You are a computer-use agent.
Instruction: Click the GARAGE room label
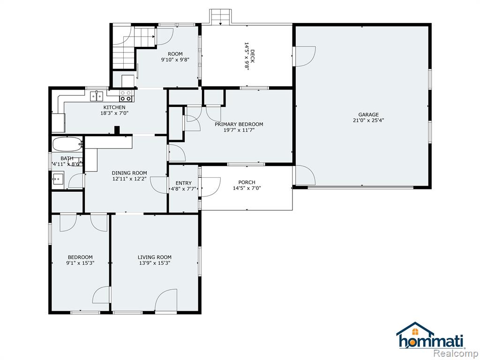tap(368, 114)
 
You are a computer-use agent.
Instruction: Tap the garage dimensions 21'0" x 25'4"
tap(368, 120)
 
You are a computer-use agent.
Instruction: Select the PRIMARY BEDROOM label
tap(239, 124)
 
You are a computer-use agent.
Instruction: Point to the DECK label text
tap(252, 56)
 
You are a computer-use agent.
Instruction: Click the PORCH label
tap(247, 182)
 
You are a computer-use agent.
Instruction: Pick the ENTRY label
tap(184, 183)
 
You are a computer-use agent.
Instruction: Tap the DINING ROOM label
tap(129, 173)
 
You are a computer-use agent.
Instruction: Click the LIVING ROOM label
tap(155, 257)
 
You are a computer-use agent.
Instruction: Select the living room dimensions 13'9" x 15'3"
tap(155, 263)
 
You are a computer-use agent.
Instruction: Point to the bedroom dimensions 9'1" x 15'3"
tap(80, 263)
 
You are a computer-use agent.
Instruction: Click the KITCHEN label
tap(114, 107)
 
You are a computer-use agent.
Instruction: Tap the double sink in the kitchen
tap(97, 96)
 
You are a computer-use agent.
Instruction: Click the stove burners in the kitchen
tap(126, 96)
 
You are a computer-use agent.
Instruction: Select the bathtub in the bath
tap(67, 144)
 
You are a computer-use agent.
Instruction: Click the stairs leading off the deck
tap(220, 16)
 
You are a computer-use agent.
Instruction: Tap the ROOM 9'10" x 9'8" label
tap(175, 57)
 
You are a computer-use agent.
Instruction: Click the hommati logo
tap(430, 336)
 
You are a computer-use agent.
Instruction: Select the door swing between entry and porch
tap(210, 187)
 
